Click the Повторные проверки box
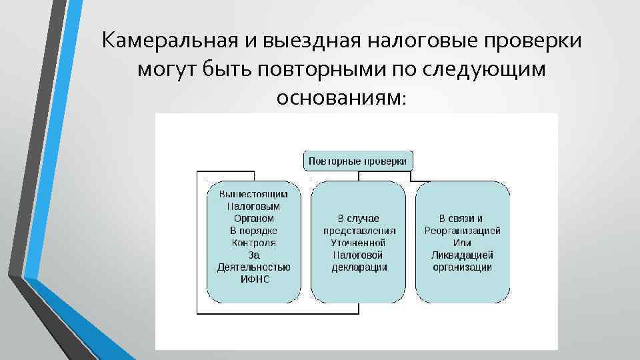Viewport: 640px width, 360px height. [x=359, y=161]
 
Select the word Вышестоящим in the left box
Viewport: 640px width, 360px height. [x=253, y=194]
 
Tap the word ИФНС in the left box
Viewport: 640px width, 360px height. [x=253, y=279]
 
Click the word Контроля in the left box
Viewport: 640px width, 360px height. [x=253, y=243]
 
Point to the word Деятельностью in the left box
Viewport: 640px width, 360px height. [x=253, y=267]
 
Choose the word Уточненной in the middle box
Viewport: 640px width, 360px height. [x=358, y=243]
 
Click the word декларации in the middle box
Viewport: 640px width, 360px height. [x=358, y=267]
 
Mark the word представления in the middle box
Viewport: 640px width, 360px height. [x=358, y=231]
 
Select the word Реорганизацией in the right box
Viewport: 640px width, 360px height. [x=462, y=231]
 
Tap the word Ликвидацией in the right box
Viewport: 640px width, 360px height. [x=462, y=255]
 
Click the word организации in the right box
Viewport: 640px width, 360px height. [x=462, y=267]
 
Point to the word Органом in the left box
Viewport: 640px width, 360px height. [x=253, y=218]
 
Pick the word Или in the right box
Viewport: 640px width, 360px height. [x=462, y=243]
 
